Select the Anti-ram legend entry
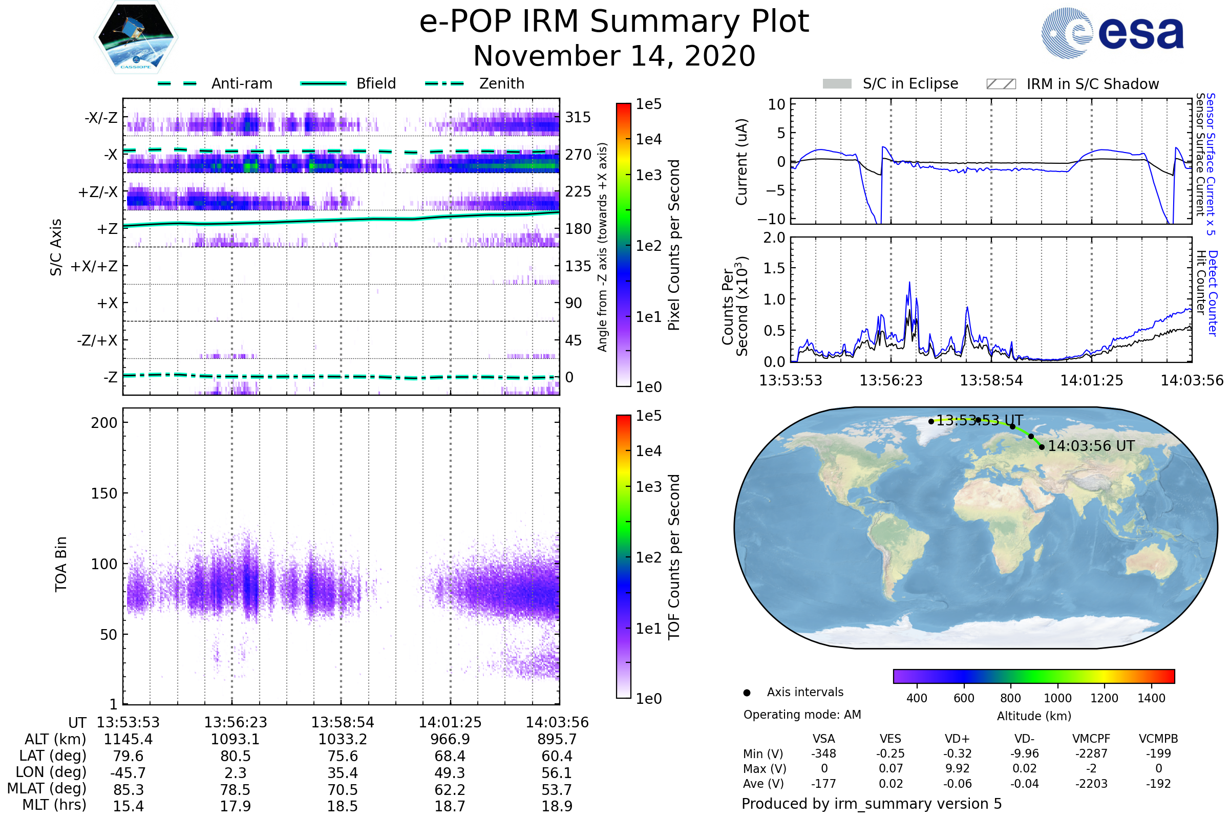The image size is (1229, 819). click(x=215, y=83)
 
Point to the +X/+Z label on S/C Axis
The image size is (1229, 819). click(x=94, y=266)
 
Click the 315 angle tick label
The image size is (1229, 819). click(x=578, y=117)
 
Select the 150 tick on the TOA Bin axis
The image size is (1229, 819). click(x=104, y=493)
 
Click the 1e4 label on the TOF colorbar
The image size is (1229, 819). click(x=648, y=451)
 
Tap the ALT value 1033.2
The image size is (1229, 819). click(x=343, y=739)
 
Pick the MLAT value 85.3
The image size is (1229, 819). click(x=128, y=789)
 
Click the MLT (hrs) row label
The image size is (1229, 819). click(x=54, y=805)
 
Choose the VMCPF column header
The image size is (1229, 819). click(x=1091, y=739)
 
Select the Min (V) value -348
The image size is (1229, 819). click(x=823, y=753)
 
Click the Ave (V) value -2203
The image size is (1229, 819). click(x=1091, y=784)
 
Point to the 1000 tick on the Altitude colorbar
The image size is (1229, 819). click(x=1057, y=698)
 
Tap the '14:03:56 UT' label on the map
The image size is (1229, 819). click(x=1091, y=446)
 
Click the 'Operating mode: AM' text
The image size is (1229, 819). click(x=802, y=715)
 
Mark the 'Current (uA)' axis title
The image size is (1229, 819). click(x=741, y=162)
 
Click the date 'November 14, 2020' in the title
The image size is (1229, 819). click(x=614, y=56)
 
